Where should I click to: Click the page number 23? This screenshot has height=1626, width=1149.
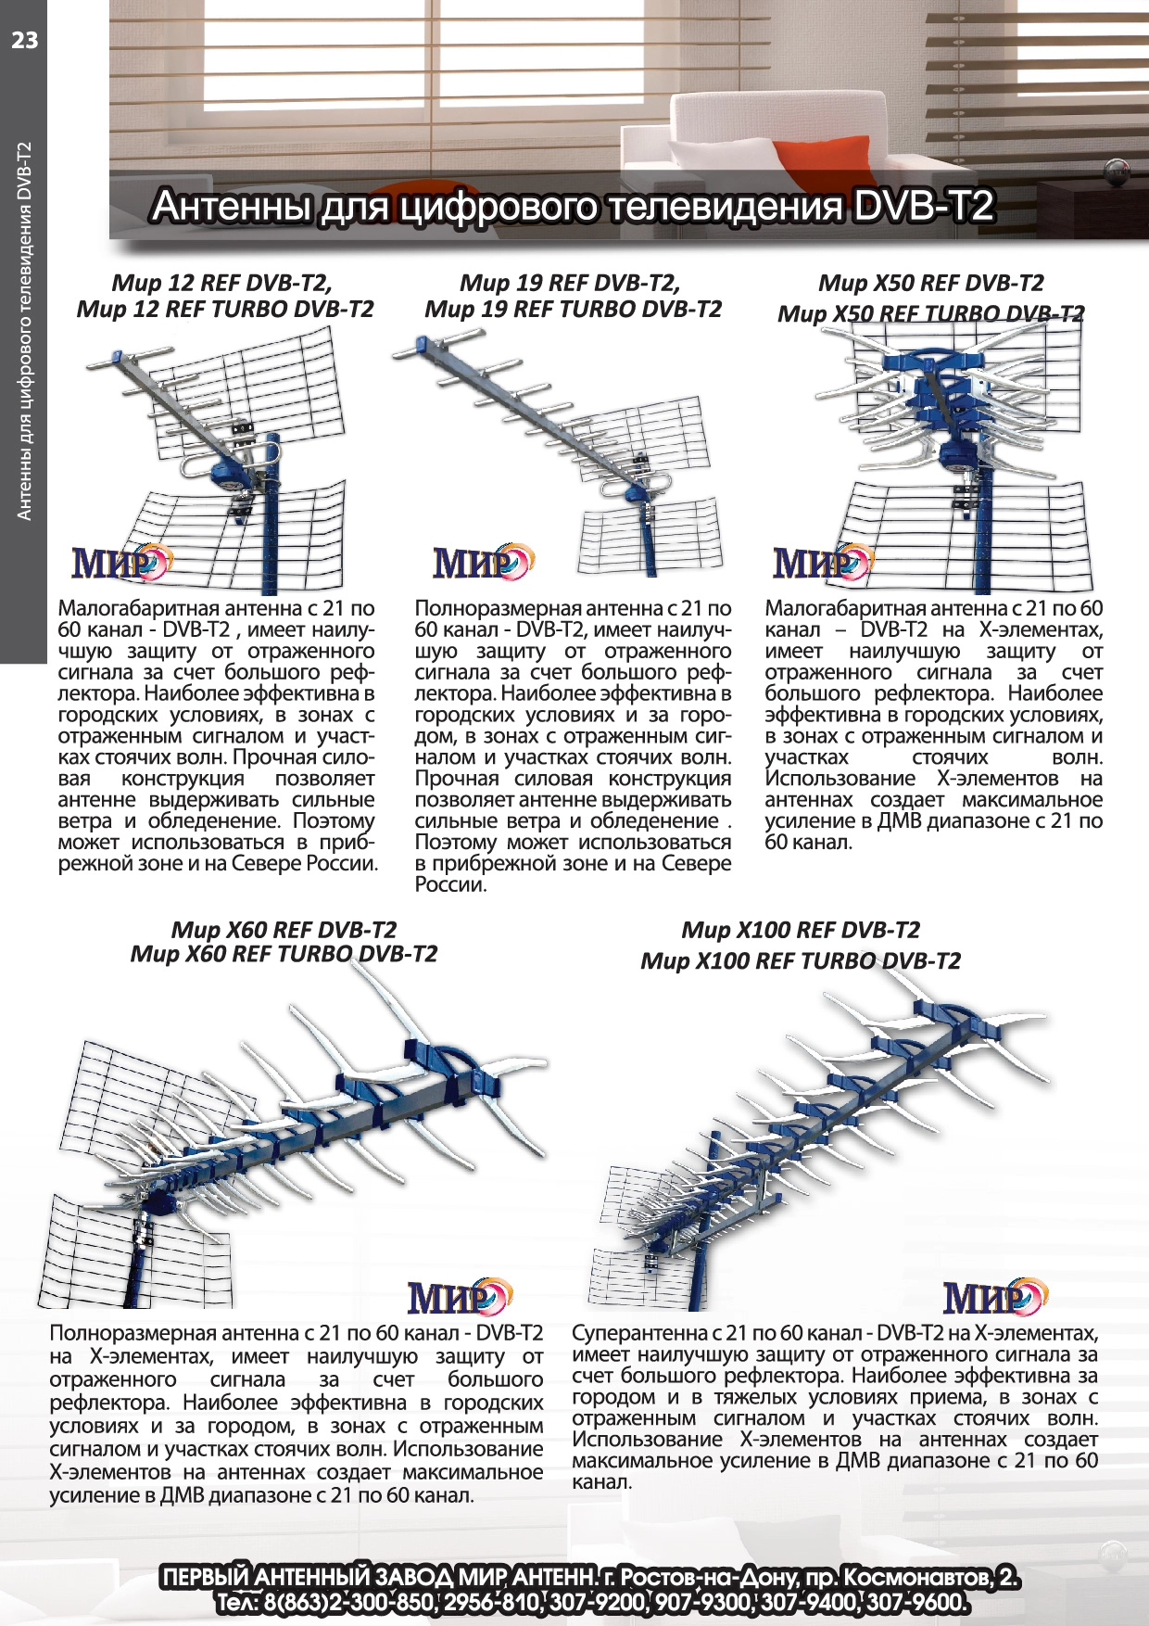pos(24,40)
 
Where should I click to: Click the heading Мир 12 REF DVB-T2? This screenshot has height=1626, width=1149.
pos(221,283)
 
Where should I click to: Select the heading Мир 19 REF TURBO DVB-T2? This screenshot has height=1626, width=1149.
pos(573,310)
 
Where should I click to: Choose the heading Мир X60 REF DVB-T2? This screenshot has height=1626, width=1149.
pos(284,929)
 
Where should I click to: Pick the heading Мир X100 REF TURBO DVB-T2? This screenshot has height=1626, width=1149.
pos(801,960)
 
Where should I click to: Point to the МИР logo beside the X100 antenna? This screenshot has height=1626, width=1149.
pos(994,1298)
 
